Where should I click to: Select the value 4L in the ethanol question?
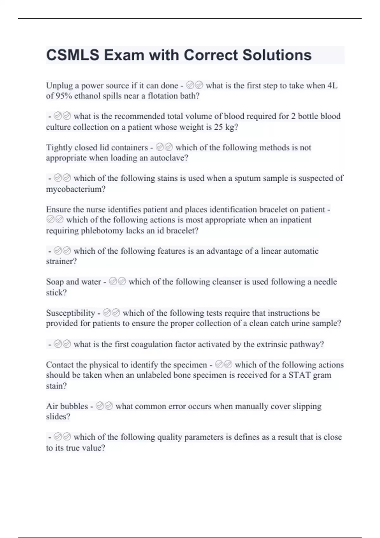click(x=332, y=85)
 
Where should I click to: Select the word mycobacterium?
click(x=76, y=189)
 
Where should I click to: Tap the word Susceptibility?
click(x=70, y=313)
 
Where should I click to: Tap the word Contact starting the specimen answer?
click(x=62, y=365)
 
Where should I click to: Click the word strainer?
click(x=61, y=262)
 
